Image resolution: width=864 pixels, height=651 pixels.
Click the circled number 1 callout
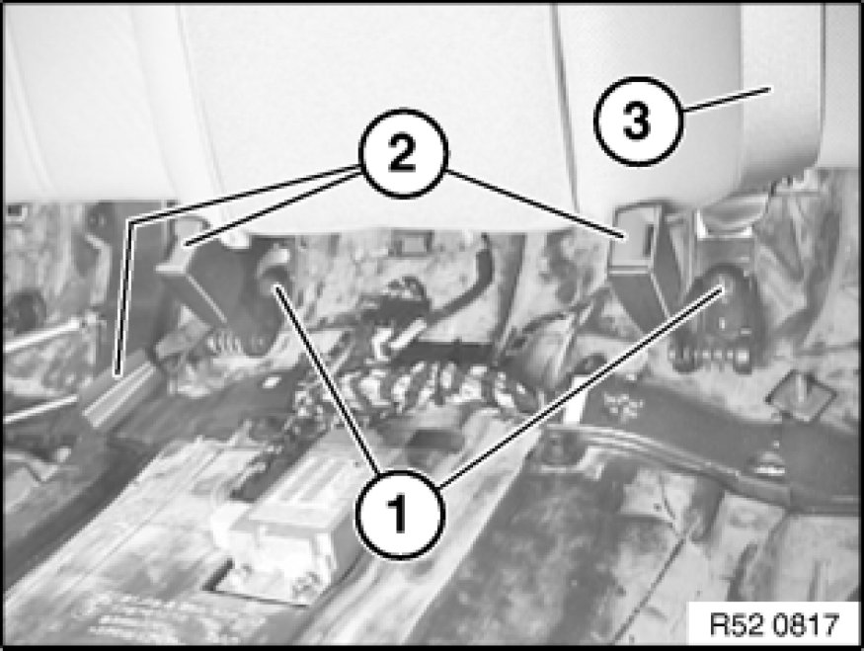400,514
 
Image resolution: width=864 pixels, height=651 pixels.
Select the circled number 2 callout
404,153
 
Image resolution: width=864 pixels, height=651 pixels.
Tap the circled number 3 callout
639,121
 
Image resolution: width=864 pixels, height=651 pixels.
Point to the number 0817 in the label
805,625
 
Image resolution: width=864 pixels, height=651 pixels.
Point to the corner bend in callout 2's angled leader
131,222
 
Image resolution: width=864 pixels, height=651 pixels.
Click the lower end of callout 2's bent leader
117,373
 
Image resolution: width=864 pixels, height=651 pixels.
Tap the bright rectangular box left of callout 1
286,529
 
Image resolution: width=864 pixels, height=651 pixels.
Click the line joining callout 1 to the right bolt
583,385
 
